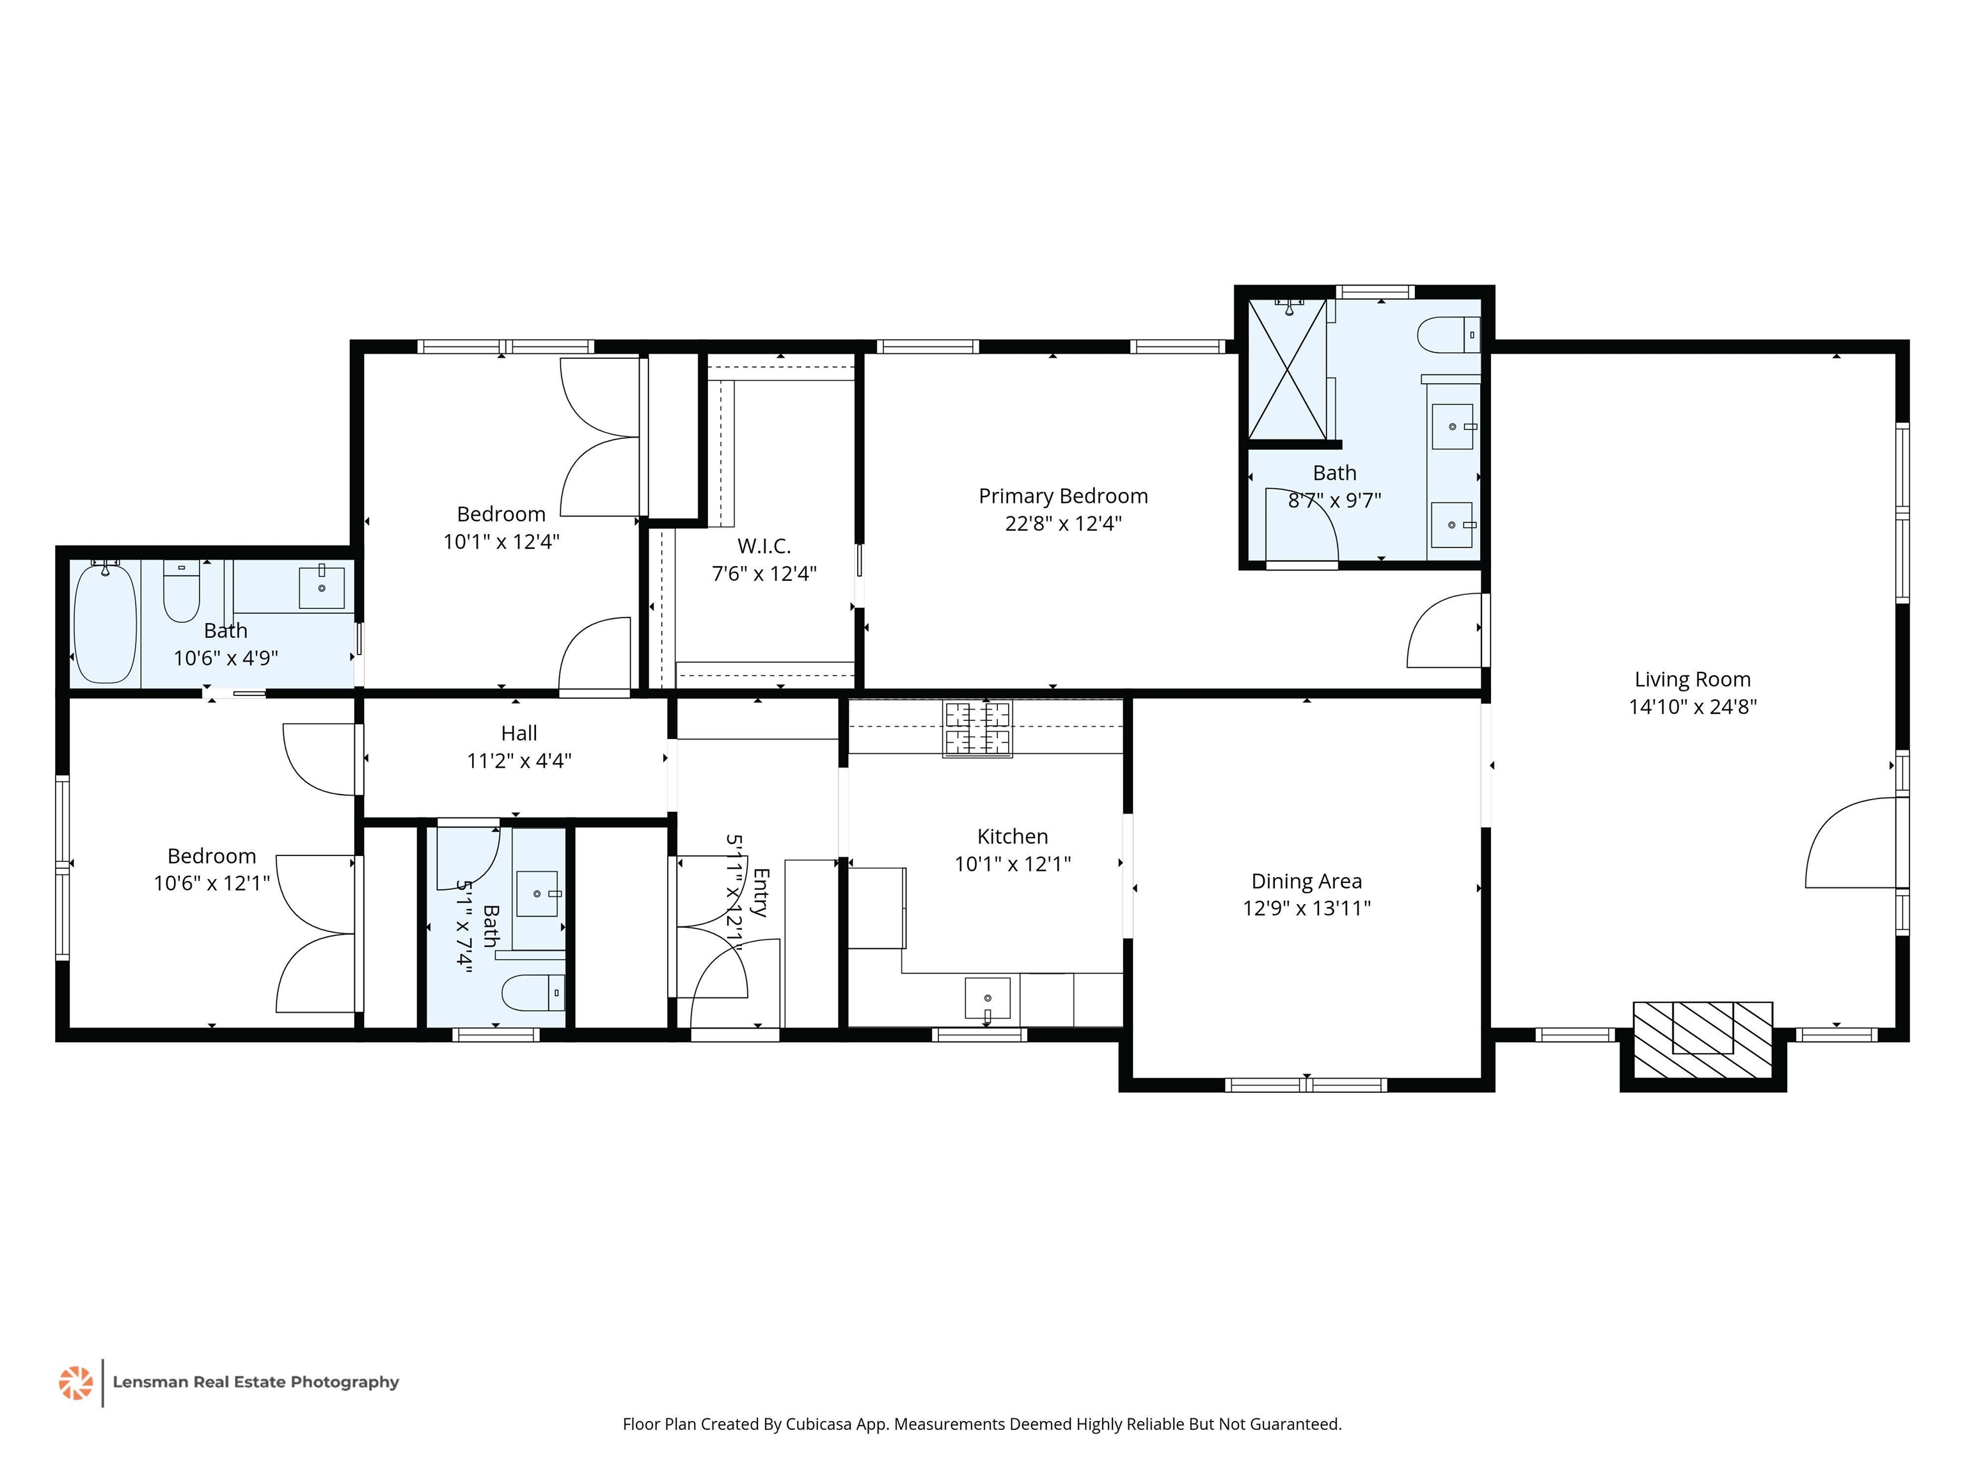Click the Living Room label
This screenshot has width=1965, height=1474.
point(1693,679)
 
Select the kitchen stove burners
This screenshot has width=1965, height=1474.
point(977,729)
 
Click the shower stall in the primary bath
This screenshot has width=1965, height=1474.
point(1287,370)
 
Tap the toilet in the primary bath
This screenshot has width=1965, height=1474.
point(1448,336)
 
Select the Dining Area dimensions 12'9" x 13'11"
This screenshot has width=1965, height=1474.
point(1306,908)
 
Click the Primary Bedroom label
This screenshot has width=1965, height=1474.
point(1063,496)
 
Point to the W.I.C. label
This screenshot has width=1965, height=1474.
point(764,546)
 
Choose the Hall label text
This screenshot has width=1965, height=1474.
point(519,733)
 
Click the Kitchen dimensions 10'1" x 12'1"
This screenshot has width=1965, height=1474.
point(1013,864)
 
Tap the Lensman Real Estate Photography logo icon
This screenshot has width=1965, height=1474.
point(75,1383)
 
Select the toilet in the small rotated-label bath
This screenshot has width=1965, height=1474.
point(533,992)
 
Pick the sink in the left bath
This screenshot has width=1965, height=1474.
point(322,587)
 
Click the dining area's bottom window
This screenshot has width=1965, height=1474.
point(1306,1085)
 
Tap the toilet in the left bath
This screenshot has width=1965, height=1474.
point(181,591)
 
